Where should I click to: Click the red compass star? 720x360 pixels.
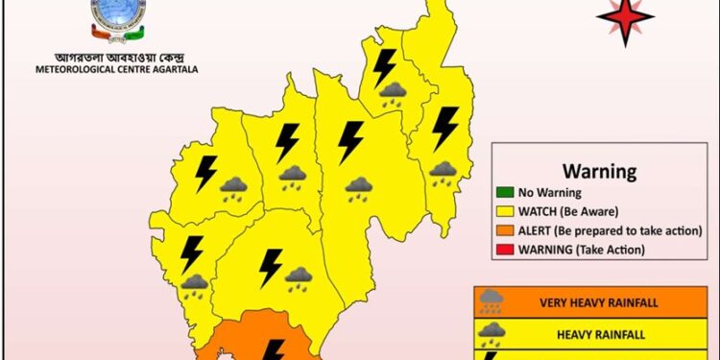point(626,17)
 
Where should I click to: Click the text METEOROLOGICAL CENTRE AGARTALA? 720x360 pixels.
point(120,68)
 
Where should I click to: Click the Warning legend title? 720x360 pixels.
point(599,172)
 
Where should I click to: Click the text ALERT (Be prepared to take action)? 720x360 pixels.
point(611,231)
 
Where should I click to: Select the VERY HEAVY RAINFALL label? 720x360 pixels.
point(598,303)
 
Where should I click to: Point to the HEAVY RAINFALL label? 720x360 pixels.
point(598,334)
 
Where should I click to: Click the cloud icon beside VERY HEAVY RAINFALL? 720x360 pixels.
point(491,300)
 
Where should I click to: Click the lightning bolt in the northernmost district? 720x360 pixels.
point(385,67)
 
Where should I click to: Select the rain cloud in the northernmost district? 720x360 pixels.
point(392,95)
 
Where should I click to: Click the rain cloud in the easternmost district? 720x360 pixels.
point(442,173)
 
